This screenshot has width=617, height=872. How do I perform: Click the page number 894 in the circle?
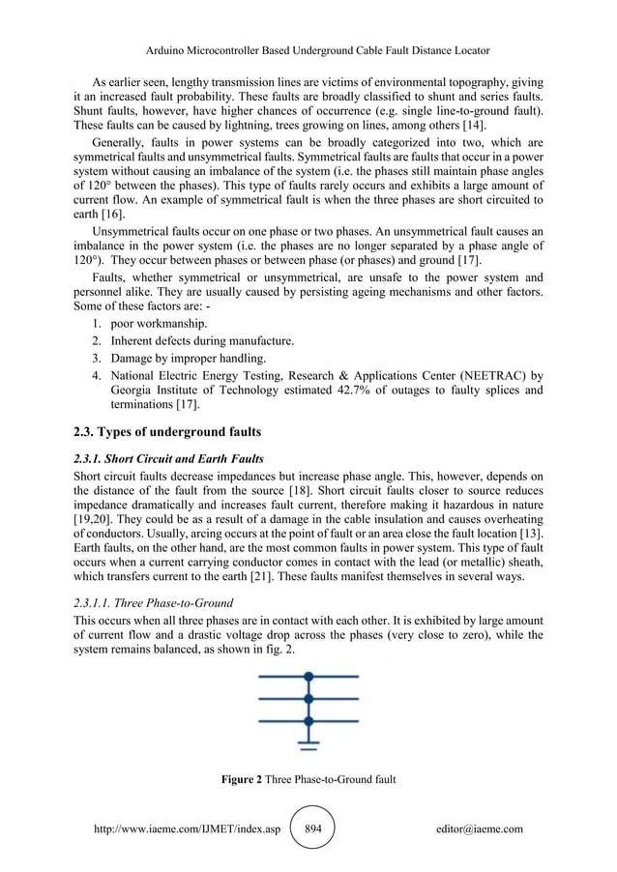click(x=312, y=828)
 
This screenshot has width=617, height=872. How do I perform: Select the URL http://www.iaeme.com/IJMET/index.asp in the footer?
click(x=192, y=828)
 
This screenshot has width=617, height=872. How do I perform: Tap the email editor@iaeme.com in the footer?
click(x=479, y=828)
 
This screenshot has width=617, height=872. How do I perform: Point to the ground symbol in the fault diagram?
click(x=308, y=743)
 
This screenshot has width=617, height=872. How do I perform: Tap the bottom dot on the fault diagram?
click(x=308, y=720)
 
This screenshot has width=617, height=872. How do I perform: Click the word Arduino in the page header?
click(x=164, y=49)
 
